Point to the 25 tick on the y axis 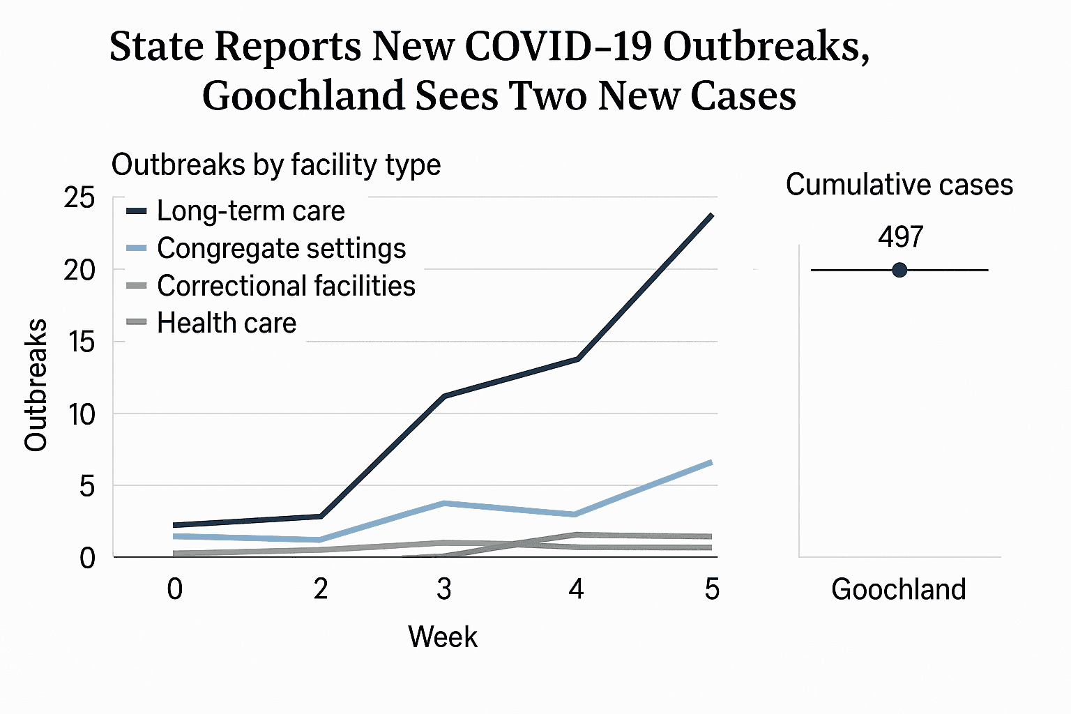tap(79, 198)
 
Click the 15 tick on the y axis tap(79, 342)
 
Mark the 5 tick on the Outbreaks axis tap(86, 486)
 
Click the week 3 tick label tap(444, 589)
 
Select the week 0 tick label tap(175, 589)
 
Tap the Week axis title tap(443, 637)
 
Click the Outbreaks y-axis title tap(36, 385)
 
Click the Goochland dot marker tap(899, 270)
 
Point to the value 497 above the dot tap(900, 237)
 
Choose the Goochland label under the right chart tap(898, 590)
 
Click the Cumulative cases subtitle tap(899, 185)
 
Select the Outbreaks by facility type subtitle tap(276, 165)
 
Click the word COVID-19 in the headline tap(558, 47)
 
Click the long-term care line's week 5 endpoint tap(711, 215)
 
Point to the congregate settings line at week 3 tap(444, 503)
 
